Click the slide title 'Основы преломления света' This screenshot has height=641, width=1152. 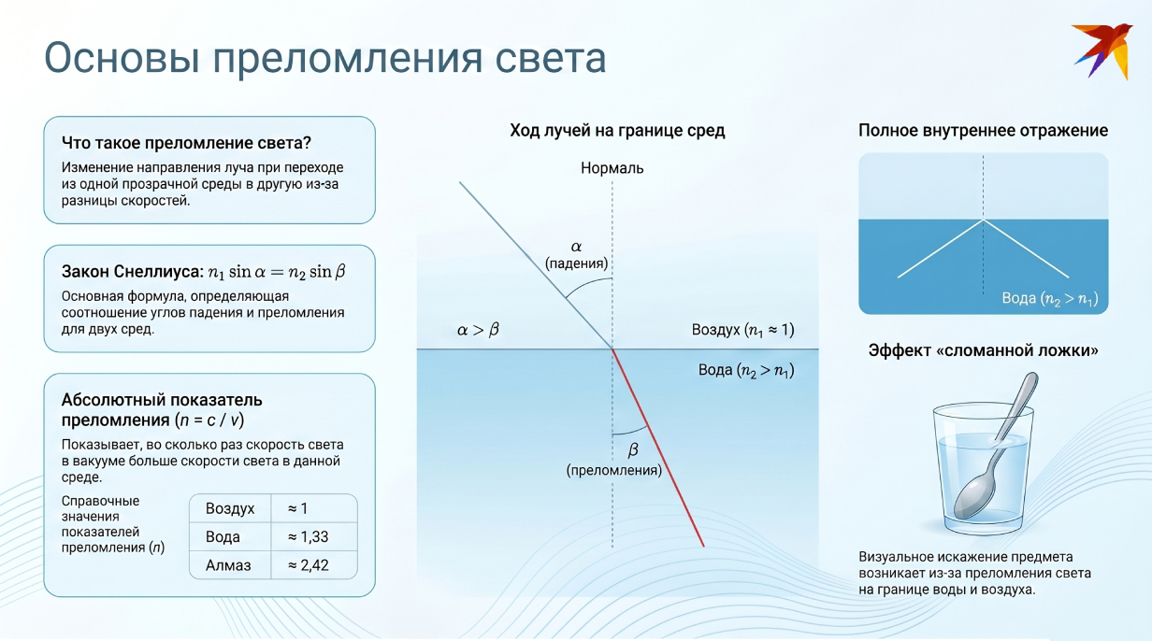(325, 57)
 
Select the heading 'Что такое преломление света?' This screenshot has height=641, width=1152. (186, 143)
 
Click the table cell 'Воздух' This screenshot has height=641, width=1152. (230, 509)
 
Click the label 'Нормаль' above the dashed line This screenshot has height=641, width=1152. (612, 169)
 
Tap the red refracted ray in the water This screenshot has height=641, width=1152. (659, 449)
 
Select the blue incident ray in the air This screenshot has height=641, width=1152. (533, 262)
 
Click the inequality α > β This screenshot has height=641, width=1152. (477, 330)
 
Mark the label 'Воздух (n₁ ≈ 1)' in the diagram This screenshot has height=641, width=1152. (742, 330)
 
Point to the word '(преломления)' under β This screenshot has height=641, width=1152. (613, 471)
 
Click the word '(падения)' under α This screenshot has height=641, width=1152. (577, 264)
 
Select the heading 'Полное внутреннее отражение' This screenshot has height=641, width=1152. (983, 131)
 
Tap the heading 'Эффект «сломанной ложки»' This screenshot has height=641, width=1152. (983, 351)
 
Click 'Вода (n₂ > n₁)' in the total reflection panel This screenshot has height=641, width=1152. (1049, 299)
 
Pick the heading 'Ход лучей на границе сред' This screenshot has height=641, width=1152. (617, 131)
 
